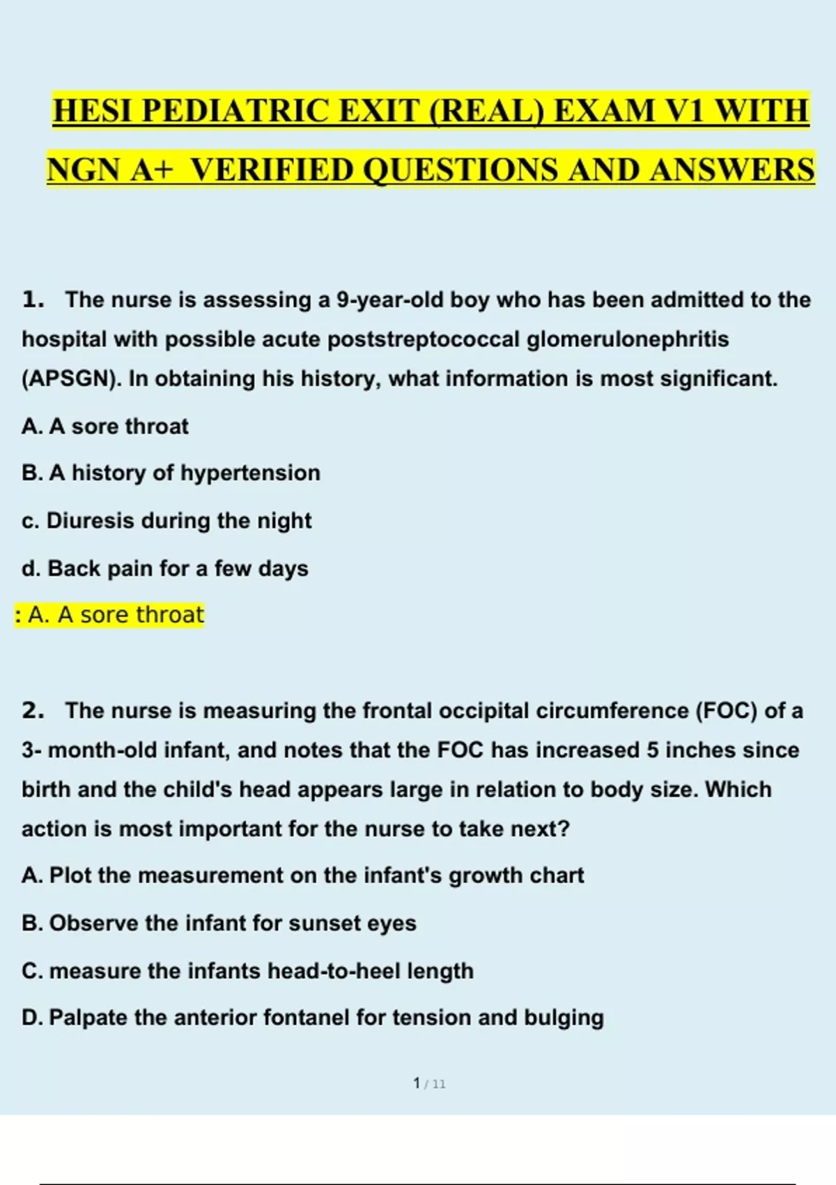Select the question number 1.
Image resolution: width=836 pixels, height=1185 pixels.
click(x=33, y=300)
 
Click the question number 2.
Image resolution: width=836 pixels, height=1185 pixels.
click(x=33, y=710)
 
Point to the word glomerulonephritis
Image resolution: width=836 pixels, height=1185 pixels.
click(x=627, y=339)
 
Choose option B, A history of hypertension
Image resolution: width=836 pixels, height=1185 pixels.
click(x=171, y=473)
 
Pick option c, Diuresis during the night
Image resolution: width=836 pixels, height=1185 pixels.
click(x=167, y=521)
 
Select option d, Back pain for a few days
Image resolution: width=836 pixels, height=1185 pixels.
click(x=164, y=569)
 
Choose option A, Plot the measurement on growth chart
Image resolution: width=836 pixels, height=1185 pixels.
click(x=302, y=876)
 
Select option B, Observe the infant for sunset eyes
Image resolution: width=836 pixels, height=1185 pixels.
click(x=219, y=923)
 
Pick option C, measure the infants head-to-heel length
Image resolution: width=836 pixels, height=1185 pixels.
click(x=247, y=970)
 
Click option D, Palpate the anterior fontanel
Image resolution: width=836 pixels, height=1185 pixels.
click(x=312, y=1018)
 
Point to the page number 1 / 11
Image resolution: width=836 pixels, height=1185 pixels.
click(x=429, y=1083)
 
